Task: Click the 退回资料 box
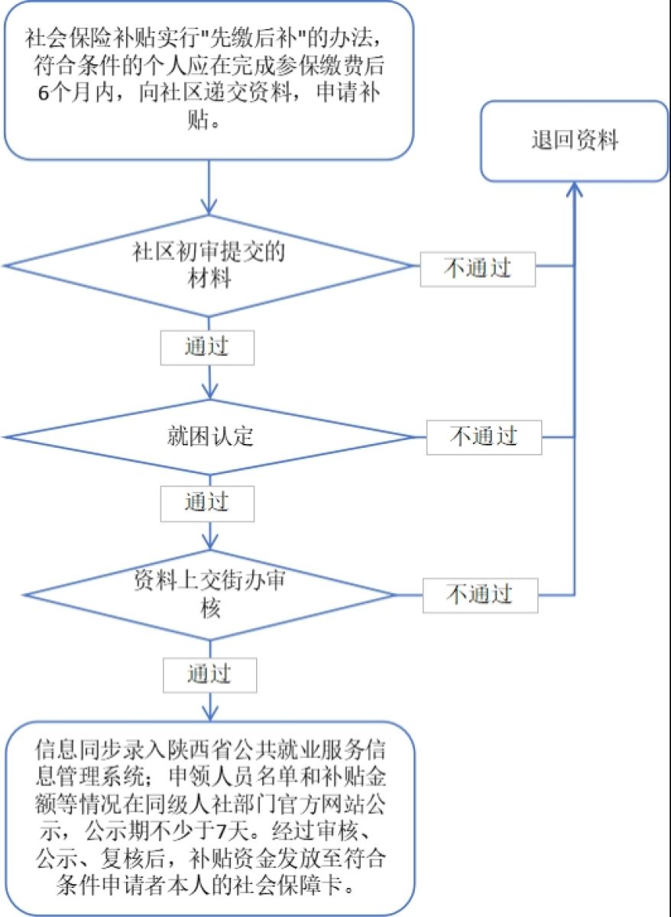pos(574,141)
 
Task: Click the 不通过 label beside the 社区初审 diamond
pos(478,268)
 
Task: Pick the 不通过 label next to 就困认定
pos(484,436)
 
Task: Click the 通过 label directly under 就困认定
pos(206,501)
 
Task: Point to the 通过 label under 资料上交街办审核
pos(209,674)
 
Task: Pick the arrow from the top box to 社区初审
pos(208,187)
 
